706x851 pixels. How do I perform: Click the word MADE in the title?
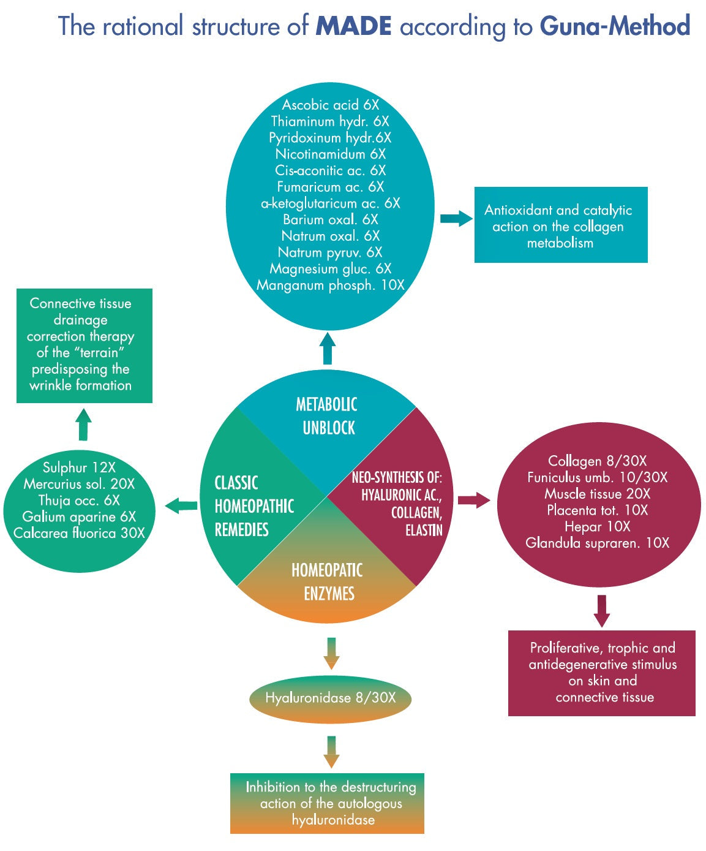click(x=353, y=26)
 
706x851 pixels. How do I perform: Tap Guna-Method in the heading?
click(x=615, y=26)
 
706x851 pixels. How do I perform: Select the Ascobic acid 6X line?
click(x=330, y=105)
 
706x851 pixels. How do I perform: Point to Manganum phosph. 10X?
click(x=330, y=285)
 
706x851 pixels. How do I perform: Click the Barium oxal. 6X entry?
click(x=330, y=219)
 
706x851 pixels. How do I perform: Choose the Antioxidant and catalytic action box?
click(x=560, y=225)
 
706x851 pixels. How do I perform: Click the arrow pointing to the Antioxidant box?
click(x=456, y=219)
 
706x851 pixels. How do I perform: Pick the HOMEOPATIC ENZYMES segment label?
click(x=328, y=582)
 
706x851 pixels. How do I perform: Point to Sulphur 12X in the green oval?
click(x=79, y=467)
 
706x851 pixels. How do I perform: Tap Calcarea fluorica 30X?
click(x=79, y=533)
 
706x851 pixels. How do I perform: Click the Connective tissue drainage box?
click(x=84, y=345)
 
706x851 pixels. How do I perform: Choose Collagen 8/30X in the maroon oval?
click(x=597, y=461)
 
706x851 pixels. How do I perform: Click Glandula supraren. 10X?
click(x=597, y=543)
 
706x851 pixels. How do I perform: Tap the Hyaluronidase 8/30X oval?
click(x=330, y=698)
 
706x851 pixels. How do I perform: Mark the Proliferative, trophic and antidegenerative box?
click(x=602, y=673)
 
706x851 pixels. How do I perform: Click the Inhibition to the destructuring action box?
click(x=328, y=803)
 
